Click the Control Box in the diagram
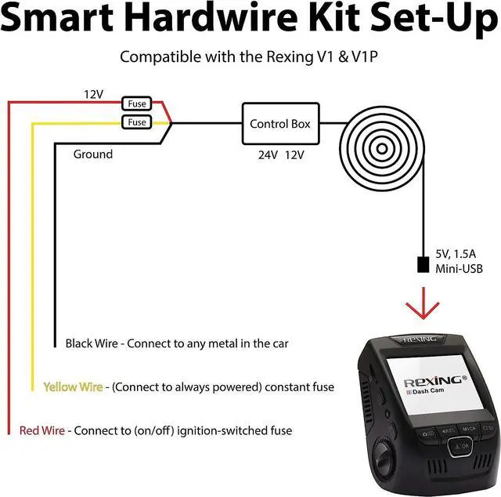279,124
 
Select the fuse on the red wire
137,103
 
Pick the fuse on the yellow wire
137,122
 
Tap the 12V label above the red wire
93,94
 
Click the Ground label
92,154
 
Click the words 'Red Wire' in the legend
42,430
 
